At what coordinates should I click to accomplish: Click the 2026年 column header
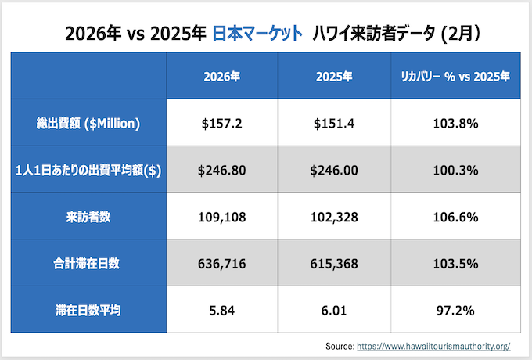[x=221, y=77]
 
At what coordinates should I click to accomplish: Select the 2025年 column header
[x=334, y=77]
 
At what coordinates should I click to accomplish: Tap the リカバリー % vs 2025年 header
[x=455, y=77]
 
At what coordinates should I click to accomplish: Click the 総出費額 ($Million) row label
[x=88, y=123]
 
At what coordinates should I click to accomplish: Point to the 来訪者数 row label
[x=88, y=217]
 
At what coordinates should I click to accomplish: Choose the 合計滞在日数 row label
[x=88, y=264]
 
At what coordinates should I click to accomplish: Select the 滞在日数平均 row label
[x=88, y=310]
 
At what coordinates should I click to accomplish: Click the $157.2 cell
[x=221, y=123]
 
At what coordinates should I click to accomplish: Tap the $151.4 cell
[x=334, y=123]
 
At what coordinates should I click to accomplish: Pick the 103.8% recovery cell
[x=455, y=123]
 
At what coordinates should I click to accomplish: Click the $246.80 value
[x=221, y=170]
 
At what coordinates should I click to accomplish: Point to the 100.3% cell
[x=455, y=170]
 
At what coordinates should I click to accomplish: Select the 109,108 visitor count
[x=221, y=217]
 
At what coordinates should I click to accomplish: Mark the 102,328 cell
[x=334, y=217]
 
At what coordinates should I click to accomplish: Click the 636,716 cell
[x=221, y=264]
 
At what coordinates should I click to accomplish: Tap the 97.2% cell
[x=455, y=310]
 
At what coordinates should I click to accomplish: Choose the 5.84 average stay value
[x=221, y=310]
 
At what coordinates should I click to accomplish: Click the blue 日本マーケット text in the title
[x=257, y=34]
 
